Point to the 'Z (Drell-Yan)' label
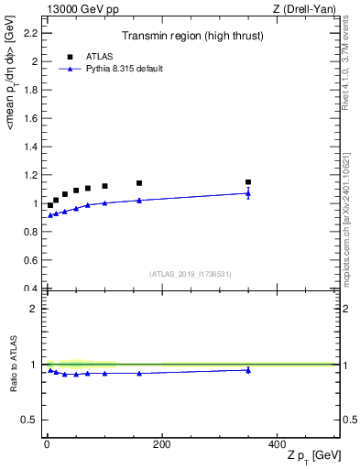pyautogui.click(x=310, y=10)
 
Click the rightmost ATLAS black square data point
pyautogui.click(x=247, y=182)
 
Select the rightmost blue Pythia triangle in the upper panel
pyautogui.click(x=247, y=193)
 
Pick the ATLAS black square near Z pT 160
pyautogui.click(x=139, y=183)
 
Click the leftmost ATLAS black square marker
pyautogui.click(x=50, y=205)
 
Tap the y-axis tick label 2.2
pyautogui.click(x=31, y=34)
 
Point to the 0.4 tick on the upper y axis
pyautogui.click(x=31, y=289)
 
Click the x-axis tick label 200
pyautogui.click(x=161, y=444)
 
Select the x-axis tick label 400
pyautogui.click(x=276, y=444)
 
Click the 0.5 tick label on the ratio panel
pyautogui.click(x=31, y=420)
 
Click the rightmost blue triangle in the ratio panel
pyautogui.click(x=247, y=370)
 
